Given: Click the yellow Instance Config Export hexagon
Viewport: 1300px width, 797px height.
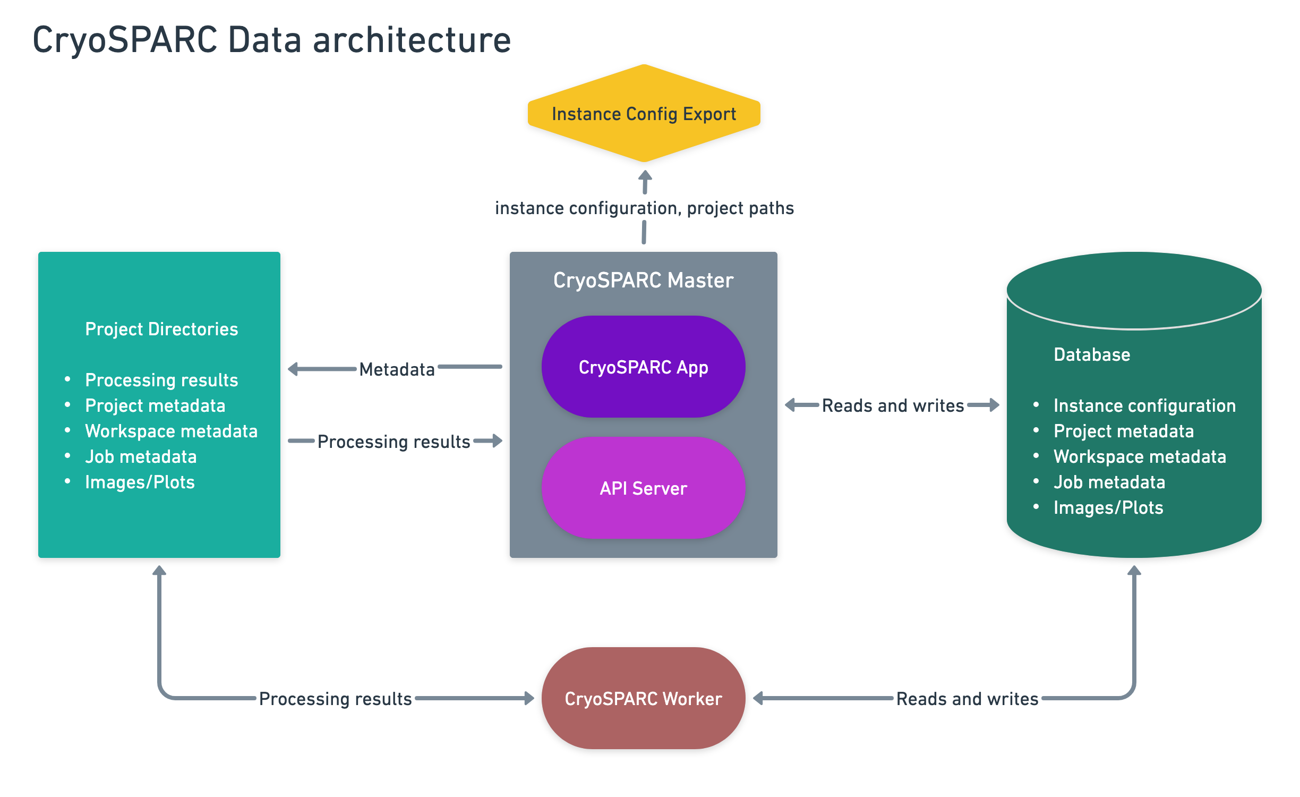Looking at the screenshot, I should point(644,114).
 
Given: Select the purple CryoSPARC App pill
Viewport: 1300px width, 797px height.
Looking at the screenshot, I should point(643,367).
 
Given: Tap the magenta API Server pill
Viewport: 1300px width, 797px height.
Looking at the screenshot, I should point(643,488).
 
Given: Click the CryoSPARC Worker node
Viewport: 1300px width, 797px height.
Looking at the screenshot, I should point(643,698).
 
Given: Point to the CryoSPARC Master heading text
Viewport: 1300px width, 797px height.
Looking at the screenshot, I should point(643,280).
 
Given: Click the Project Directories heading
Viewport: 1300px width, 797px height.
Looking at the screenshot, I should point(161,329).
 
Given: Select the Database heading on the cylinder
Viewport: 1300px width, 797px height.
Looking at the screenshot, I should point(1092,354).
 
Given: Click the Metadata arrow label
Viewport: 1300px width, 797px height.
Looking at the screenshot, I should point(397,369).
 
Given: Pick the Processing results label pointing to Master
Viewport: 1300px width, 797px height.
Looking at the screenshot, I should point(394,442).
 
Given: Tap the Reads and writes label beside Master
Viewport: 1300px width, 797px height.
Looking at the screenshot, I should point(893,405).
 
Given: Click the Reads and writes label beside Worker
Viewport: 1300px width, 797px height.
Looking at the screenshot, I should point(967,699).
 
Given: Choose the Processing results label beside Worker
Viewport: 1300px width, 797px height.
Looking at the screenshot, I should point(335,699).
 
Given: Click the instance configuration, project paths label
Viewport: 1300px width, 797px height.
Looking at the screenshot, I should point(644,208).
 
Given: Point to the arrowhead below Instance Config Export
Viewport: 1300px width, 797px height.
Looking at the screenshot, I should point(645,176).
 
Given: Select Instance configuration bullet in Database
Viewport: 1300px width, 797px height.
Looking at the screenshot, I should point(1144,405).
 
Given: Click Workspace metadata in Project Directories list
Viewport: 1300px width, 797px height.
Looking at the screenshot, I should point(171,431).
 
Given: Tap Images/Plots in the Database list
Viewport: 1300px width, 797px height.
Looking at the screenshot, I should point(1108,507).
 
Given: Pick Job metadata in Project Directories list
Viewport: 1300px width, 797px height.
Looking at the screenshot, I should point(141,456).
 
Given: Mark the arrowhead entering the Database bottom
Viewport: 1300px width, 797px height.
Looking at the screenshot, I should point(1134,571).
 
